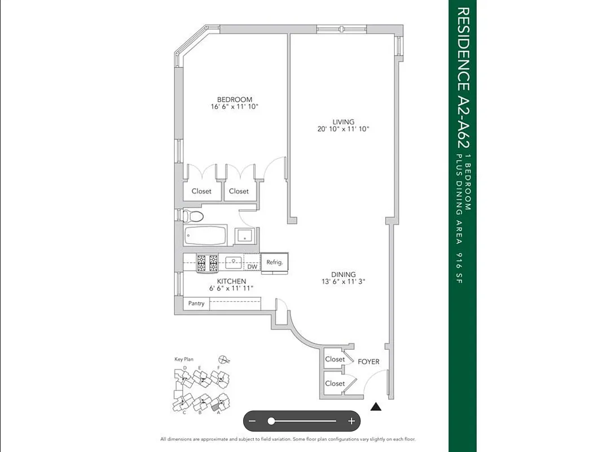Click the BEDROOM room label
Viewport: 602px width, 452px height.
(234, 99)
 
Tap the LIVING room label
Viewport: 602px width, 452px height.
(343, 122)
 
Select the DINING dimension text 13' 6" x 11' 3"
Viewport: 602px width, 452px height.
(343, 282)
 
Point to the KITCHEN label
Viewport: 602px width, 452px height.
(231, 281)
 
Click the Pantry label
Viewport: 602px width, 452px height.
(196, 304)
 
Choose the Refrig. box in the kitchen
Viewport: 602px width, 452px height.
(275, 262)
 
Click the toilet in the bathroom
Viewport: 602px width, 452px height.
(192, 216)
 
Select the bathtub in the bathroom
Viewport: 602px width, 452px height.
(205, 235)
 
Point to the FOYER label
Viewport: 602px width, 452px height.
(368, 362)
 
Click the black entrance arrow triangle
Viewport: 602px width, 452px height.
(376, 406)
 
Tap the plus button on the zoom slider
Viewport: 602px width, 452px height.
(351, 421)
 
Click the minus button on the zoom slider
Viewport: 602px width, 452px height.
(253, 421)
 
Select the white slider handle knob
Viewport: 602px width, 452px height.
(271, 421)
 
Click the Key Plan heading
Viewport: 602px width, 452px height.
(184, 359)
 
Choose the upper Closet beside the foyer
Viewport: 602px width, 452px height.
(335, 359)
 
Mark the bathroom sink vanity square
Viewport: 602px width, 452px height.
(245, 236)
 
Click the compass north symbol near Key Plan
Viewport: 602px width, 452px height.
(224, 359)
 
